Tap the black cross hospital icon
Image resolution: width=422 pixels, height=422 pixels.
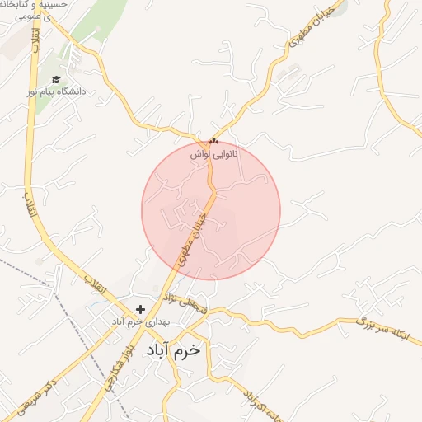[x=140, y=309]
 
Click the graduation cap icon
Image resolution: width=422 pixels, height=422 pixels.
[x=56, y=80]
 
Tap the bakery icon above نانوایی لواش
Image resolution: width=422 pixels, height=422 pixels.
[x=214, y=142]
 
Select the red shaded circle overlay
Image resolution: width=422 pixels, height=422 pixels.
[x=247, y=190]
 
